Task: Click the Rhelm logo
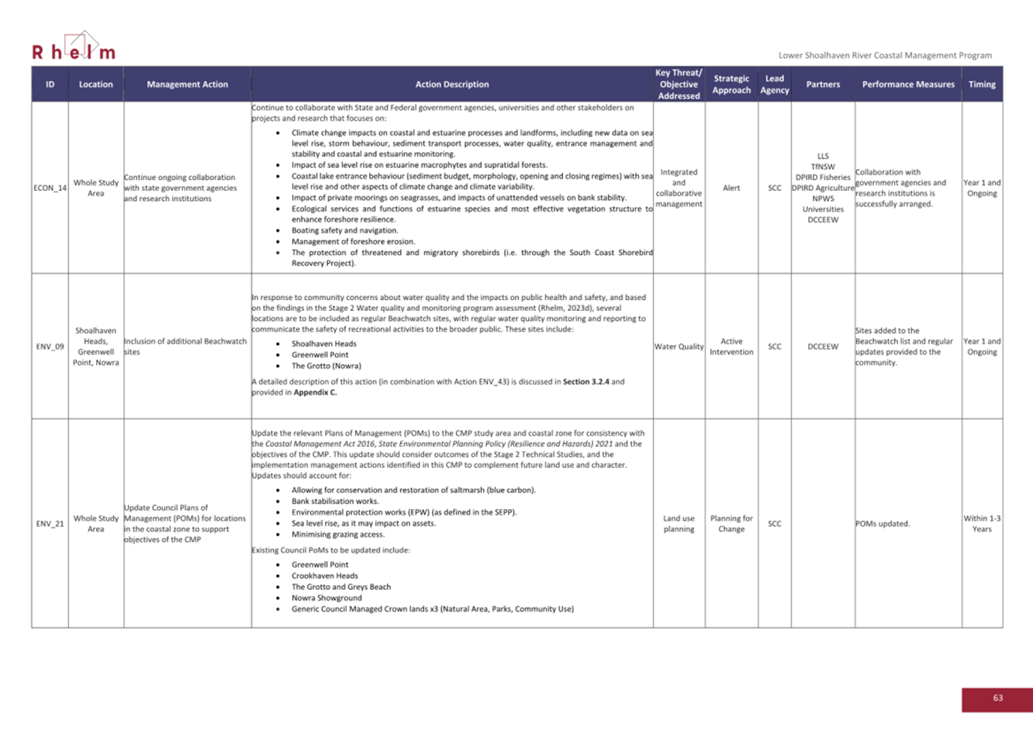[74, 48]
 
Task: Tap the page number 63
[997, 698]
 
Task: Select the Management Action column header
[187, 84]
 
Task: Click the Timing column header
[981, 84]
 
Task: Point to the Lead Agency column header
[774, 84]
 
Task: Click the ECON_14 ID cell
[50, 188]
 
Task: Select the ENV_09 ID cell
[50, 346]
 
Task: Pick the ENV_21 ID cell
[50, 524]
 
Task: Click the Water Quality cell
[679, 346]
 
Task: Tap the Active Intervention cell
[731, 346]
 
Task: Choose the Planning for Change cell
[731, 524]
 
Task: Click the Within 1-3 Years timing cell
[981, 524]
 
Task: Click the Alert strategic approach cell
[731, 188]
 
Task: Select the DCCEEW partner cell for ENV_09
[822, 346]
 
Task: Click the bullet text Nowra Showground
[326, 597]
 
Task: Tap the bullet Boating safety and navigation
[344, 230]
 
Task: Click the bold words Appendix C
[315, 392]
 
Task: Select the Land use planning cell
[679, 524]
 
